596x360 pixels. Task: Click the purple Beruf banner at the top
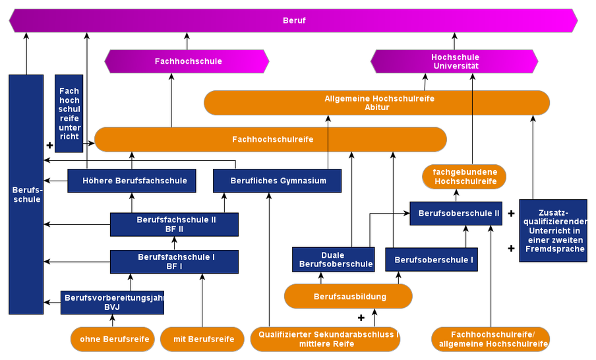293,20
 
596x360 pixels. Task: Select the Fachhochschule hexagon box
187,61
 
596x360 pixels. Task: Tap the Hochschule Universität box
454,61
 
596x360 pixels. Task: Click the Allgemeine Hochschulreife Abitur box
376,103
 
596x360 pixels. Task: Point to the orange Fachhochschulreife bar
271,140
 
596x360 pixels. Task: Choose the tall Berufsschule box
26,195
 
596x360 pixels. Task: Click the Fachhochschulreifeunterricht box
69,113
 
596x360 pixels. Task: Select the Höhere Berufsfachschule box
132,181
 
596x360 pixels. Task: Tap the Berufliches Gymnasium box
278,181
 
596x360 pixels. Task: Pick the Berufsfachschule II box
174,224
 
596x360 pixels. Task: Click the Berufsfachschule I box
174,262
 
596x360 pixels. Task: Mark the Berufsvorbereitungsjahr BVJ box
112,302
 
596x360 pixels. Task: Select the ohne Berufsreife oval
113,340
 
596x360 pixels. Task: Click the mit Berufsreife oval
203,340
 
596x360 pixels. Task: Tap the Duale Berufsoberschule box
333,260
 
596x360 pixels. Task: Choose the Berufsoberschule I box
431,260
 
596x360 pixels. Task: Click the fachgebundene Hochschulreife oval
464,177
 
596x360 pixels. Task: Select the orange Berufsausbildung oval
348,297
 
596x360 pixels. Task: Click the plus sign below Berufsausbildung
361,318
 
